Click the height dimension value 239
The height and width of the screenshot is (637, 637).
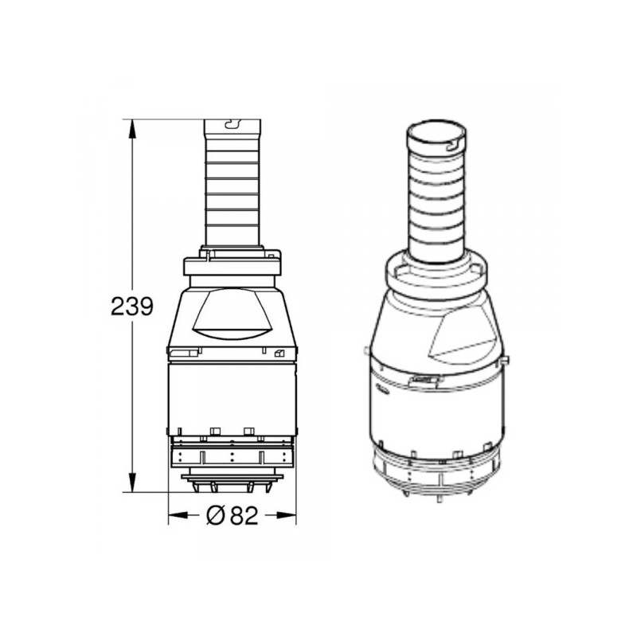pyautogui.click(x=131, y=307)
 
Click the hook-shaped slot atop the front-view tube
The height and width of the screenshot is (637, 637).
pyautogui.click(x=232, y=124)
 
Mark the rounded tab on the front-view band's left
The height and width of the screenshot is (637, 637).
pyautogui.click(x=181, y=353)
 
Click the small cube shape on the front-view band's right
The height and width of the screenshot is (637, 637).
pyautogui.click(x=278, y=354)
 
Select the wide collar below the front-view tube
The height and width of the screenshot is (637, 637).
pyautogui.click(x=232, y=267)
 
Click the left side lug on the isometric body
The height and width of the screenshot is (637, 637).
pyautogui.click(x=364, y=351)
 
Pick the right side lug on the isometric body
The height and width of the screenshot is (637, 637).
pyautogui.click(x=506, y=362)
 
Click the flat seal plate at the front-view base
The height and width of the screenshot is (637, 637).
pyautogui.click(x=232, y=478)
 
